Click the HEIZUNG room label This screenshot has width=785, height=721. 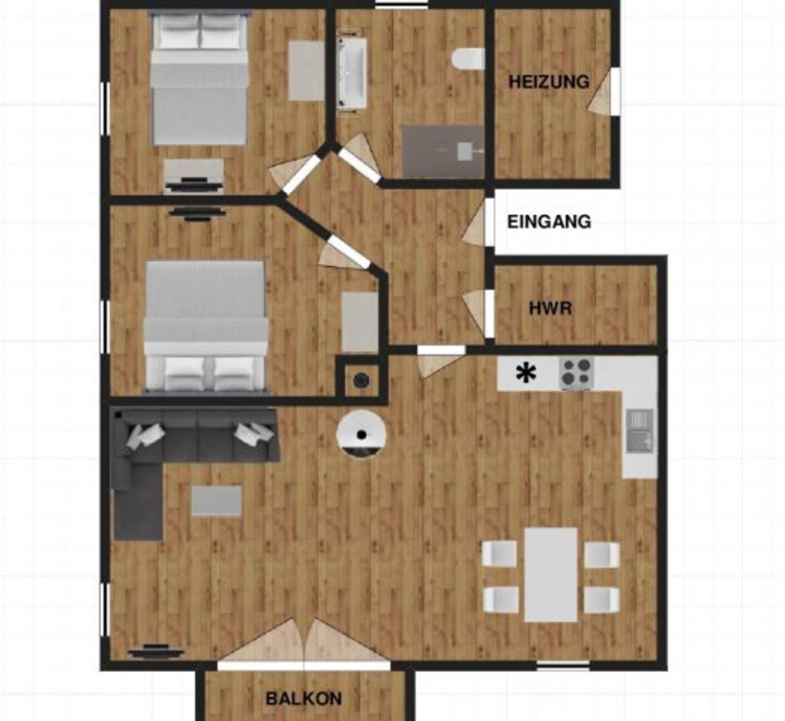coord(549,82)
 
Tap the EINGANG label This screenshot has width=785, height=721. coord(549,222)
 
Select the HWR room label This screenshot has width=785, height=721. coord(550,308)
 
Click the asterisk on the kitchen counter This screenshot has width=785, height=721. coord(526,373)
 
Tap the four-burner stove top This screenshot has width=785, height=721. coord(576,373)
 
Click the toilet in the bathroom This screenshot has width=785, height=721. coord(468,59)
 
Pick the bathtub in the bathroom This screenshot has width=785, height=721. coord(352,72)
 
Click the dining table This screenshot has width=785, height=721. coord(551,575)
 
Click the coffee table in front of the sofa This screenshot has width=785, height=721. coord(216,501)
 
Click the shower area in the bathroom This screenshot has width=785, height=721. coord(443,151)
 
